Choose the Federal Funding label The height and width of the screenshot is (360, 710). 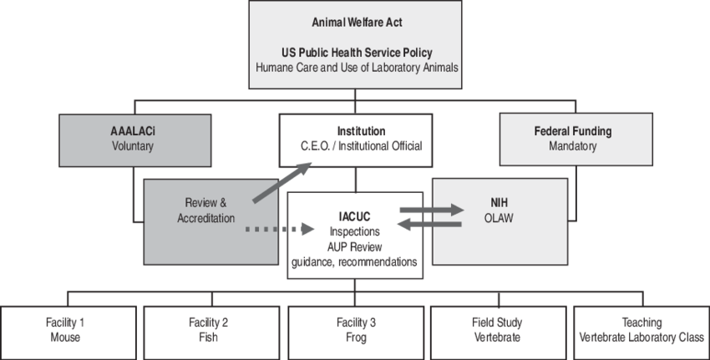pos(572,131)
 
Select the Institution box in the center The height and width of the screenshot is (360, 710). pos(360,139)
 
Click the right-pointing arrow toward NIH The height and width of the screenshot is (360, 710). pos(431,209)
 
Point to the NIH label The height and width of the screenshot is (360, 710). pos(499,202)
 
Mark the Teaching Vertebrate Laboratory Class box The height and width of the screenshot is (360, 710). pos(641,330)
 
